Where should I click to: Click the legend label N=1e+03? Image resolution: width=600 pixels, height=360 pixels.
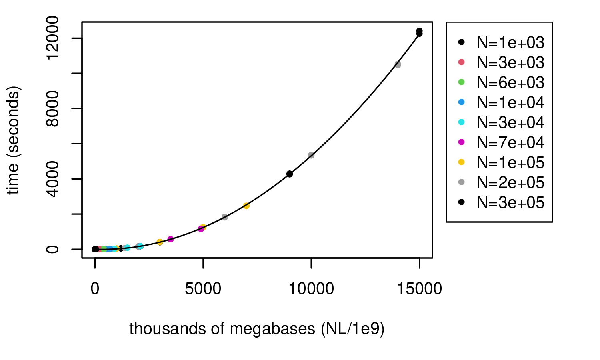[510, 42]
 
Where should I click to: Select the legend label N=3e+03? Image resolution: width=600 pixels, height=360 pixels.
[510, 62]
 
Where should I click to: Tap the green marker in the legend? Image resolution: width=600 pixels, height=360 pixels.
[461, 82]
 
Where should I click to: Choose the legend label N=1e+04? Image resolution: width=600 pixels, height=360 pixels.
[510, 102]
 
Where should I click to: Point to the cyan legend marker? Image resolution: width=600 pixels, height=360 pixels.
[461, 122]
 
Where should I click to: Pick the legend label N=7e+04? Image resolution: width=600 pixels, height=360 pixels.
[510, 142]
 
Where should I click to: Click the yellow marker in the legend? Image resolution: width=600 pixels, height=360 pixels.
[461, 162]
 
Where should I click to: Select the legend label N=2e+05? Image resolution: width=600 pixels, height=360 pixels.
[510, 182]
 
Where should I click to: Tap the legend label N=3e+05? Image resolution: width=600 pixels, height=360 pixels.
[510, 202]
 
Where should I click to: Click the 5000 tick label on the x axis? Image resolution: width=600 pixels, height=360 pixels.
[203, 289]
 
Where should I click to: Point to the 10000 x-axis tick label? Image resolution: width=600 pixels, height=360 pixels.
[311, 289]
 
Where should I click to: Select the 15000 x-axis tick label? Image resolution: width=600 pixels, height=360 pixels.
[419, 289]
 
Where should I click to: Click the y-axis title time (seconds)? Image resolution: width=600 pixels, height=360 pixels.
[14, 140]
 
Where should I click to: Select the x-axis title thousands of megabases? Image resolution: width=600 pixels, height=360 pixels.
[256, 328]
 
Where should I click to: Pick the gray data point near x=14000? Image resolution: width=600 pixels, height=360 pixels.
[398, 64]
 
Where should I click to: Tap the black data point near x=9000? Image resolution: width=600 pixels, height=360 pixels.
[290, 174]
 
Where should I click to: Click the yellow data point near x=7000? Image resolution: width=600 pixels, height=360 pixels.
[246, 206]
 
